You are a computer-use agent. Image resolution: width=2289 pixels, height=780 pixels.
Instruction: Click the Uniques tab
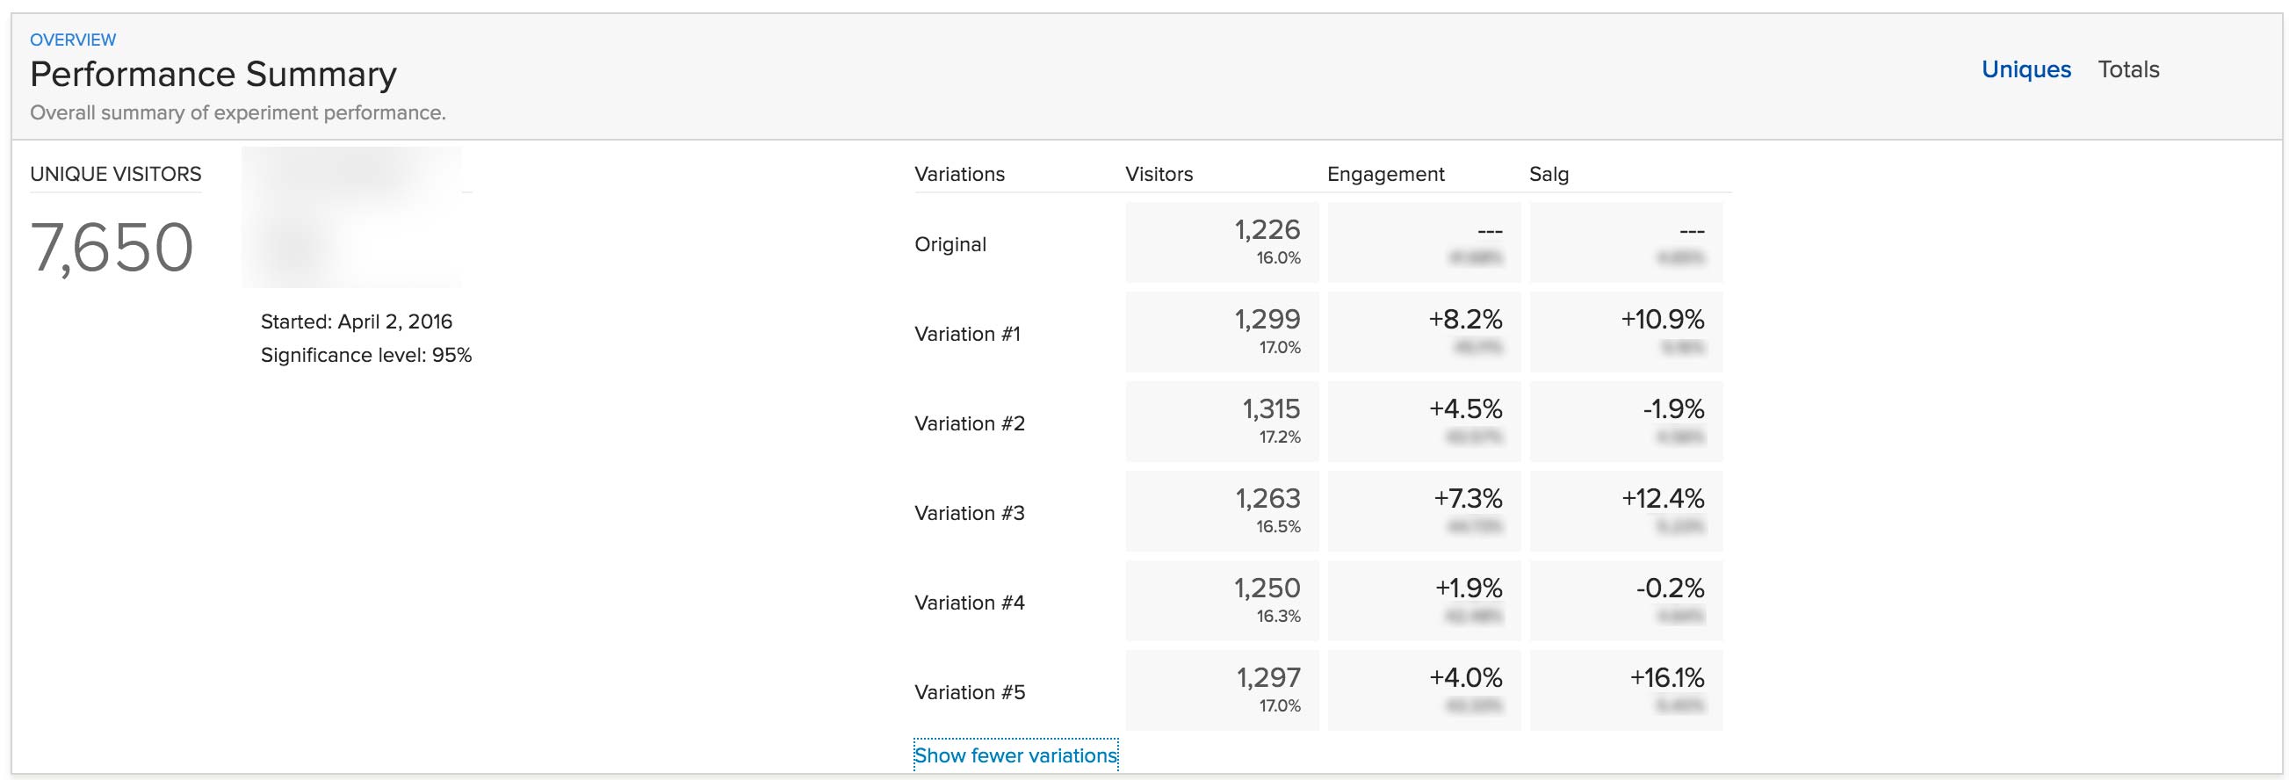2026,69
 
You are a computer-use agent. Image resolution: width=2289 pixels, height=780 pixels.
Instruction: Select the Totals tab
2128,69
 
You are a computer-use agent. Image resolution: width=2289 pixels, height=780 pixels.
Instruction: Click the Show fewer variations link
1015,755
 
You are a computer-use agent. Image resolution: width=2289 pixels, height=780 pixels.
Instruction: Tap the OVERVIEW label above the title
73,40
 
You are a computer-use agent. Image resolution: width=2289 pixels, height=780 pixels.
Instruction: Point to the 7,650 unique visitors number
112,247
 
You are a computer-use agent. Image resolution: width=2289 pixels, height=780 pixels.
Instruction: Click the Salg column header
1549,174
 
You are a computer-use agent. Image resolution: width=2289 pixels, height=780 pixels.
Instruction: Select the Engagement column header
1385,174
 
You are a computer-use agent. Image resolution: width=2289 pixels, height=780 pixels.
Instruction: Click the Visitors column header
1159,174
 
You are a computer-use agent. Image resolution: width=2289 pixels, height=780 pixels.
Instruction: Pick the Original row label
950,244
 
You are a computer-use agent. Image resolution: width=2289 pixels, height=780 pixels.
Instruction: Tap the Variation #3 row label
970,514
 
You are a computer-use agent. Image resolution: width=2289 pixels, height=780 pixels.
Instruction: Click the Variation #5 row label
970,692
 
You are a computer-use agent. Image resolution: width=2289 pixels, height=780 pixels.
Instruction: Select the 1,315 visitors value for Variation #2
1271,408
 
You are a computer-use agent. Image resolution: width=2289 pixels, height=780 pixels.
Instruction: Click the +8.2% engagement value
1465,319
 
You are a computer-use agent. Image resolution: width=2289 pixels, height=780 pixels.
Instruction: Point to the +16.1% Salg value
1666,678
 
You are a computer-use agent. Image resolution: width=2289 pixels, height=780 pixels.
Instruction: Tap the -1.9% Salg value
1673,408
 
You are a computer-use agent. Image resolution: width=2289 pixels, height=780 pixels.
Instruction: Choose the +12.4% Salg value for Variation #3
1663,498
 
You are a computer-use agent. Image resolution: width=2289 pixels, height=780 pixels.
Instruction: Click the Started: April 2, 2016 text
357,321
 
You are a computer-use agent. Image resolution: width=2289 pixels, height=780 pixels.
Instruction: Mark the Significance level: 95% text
366,356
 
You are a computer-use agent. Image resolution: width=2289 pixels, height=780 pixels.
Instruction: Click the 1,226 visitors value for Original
1267,230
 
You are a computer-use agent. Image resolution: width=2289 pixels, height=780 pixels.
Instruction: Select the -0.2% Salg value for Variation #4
1670,589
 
